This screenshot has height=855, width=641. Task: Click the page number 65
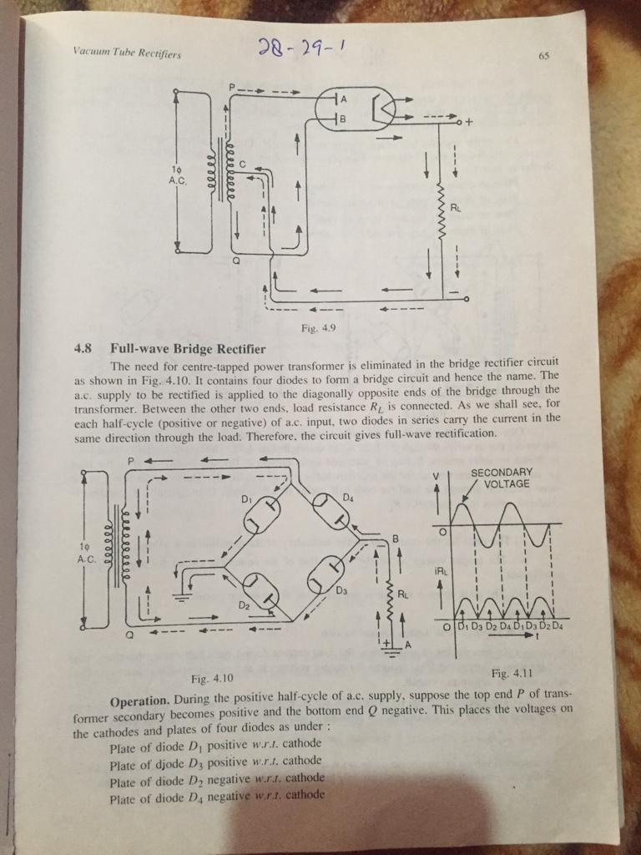(x=543, y=57)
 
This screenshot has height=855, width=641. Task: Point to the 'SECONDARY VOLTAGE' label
(x=502, y=478)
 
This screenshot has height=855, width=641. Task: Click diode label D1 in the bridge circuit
(x=247, y=498)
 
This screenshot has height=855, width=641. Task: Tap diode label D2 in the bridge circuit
(x=245, y=602)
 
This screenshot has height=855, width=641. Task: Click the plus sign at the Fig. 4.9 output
(x=469, y=121)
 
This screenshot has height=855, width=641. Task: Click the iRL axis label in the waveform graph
(x=442, y=571)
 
